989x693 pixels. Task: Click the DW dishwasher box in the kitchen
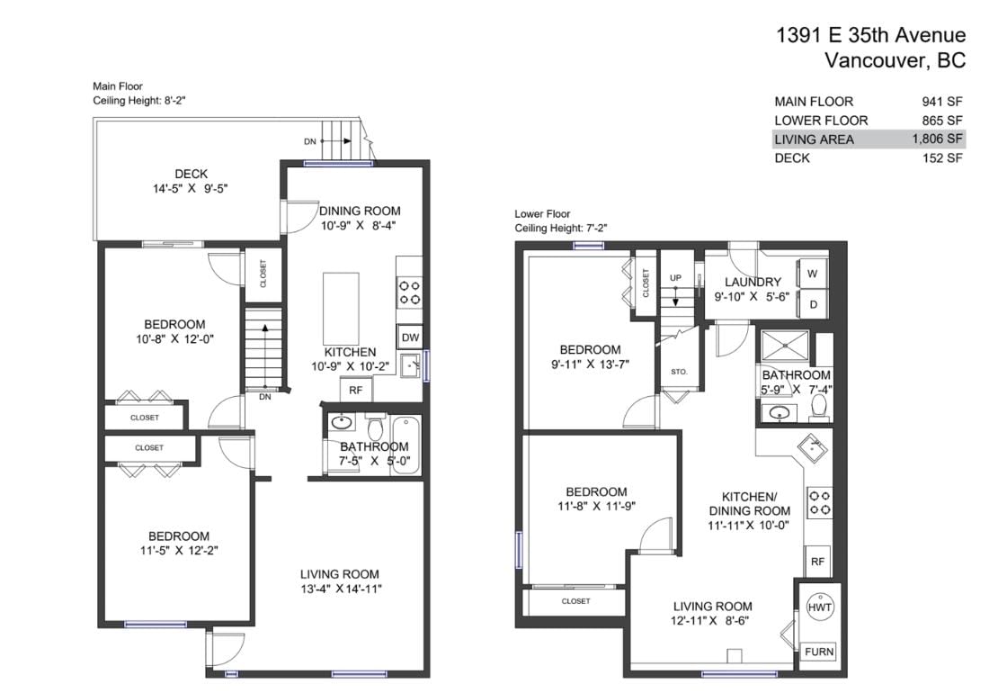pyautogui.click(x=410, y=337)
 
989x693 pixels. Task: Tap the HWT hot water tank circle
pyautogui.click(x=819, y=607)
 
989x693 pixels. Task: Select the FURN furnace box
pyautogui.click(x=819, y=652)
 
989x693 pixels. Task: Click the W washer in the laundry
pyautogui.click(x=813, y=274)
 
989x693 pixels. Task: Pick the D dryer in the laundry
pyautogui.click(x=813, y=304)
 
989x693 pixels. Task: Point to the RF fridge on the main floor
pyautogui.click(x=356, y=390)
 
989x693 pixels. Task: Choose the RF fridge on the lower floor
pyautogui.click(x=817, y=561)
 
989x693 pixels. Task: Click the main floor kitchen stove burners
pyautogui.click(x=409, y=292)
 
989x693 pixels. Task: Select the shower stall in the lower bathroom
pyautogui.click(x=785, y=346)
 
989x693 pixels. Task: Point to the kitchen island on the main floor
pyautogui.click(x=342, y=308)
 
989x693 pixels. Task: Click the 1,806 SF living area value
pyautogui.click(x=937, y=139)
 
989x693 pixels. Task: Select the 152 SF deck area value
pyautogui.click(x=942, y=157)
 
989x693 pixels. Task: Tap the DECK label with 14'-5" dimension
pyautogui.click(x=191, y=181)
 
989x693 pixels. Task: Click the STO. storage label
pyautogui.click(x=680, y=372)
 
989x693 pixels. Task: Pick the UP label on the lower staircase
pyautogui.click(x=675, y=278)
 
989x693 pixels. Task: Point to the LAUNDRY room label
pyautogui.click(x=753, y=282)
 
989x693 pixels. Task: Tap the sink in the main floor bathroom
pyautogui.click(x=342, y=422)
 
